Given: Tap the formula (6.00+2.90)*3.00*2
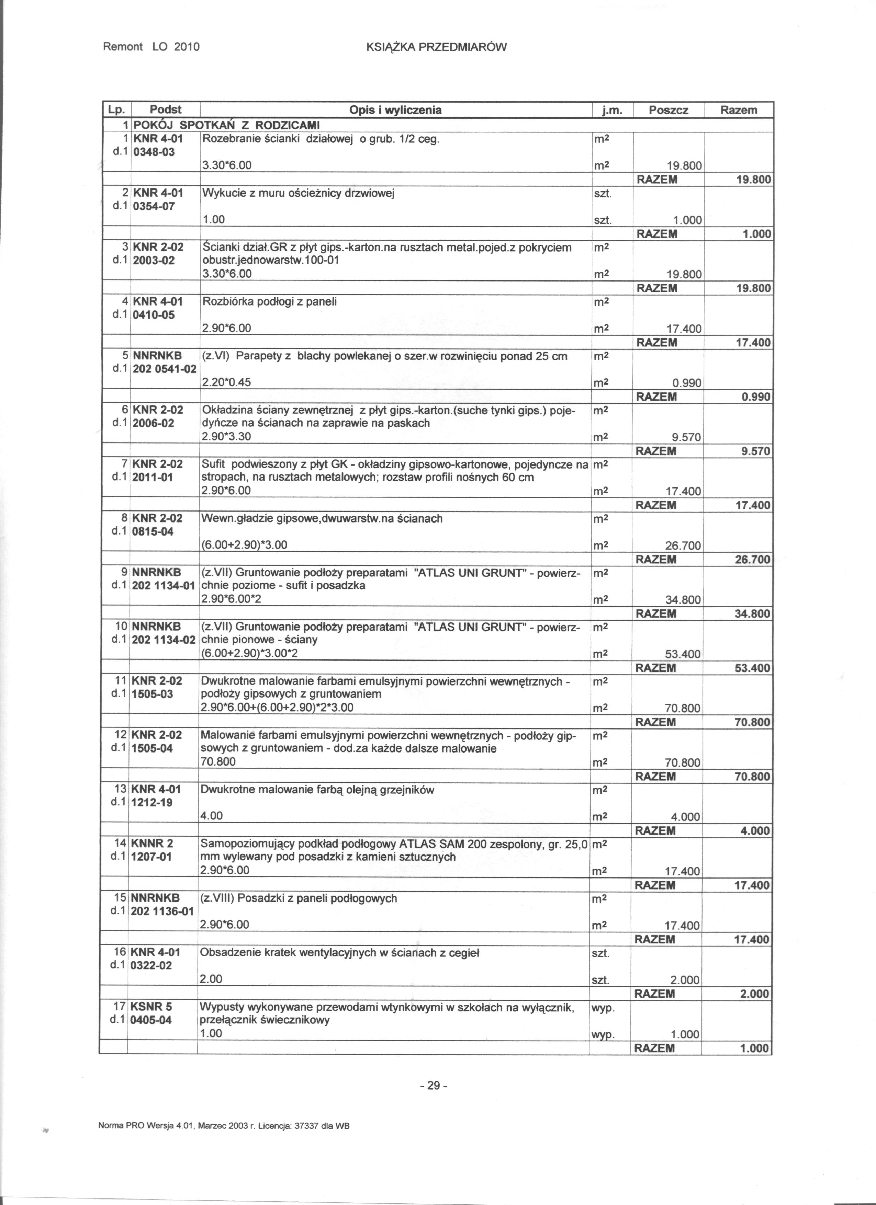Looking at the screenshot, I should tap(248, 654).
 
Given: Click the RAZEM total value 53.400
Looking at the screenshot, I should tap(752, 668).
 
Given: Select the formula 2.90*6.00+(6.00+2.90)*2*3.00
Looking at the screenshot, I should tap(277, 708).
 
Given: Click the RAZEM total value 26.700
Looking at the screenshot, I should tap(752, 560).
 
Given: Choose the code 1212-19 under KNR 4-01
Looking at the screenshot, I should tap(152, 803).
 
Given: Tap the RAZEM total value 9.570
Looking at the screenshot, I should tap(756, 451).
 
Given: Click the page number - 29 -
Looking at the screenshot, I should tap(434, 1085).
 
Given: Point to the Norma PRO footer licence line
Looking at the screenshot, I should tap(224, 1140).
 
